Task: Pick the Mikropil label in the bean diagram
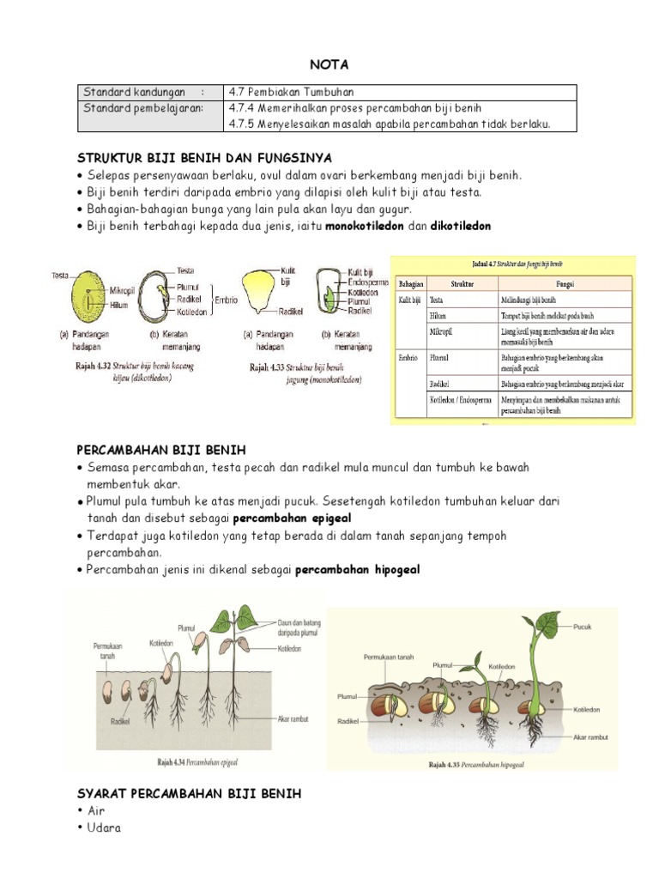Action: [x=126, y=291]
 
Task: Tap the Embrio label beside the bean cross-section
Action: [x=226, y=300]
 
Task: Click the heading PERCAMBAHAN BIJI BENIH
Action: [x=161, y=450]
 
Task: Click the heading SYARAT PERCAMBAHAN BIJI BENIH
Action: [x=189, y=794]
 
